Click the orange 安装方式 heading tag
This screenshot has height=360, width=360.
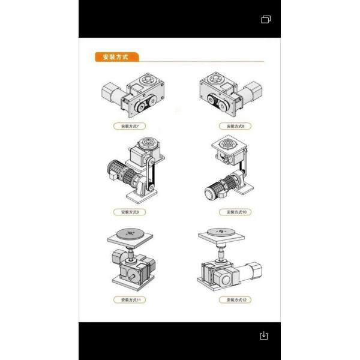pos(116,58)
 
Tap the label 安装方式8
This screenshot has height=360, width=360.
pos(235,126)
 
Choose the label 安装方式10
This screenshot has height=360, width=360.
pos(235,212)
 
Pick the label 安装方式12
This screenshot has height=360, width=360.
pos(235,299)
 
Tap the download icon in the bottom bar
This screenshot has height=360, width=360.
pos(264,335)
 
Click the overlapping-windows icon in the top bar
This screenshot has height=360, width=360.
pos(266,19)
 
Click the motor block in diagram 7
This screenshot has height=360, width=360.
pos(112,92)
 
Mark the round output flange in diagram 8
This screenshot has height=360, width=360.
pos(215,79)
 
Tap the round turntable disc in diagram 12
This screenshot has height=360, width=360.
pos(221,231)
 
